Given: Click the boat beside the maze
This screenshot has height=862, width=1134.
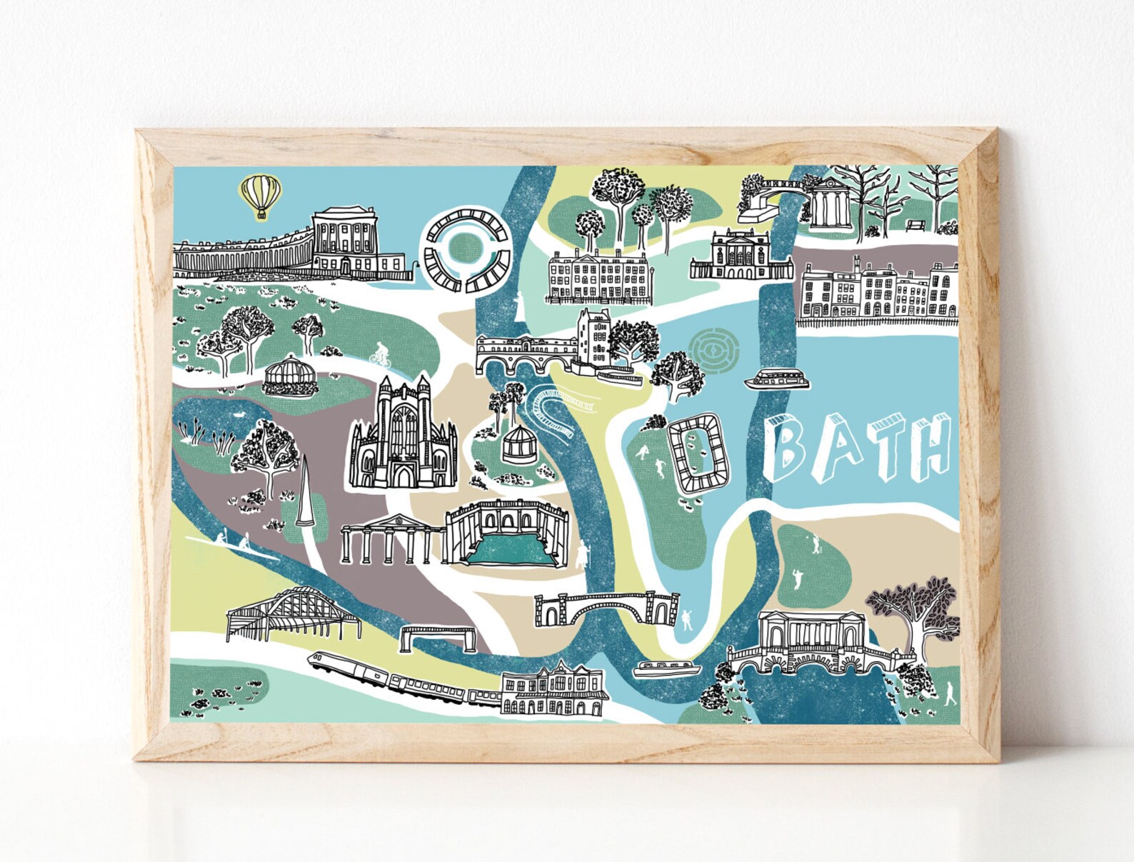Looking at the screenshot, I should (x=778, y=381).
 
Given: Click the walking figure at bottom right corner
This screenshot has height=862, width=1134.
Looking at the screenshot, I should (x=949, y=693).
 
